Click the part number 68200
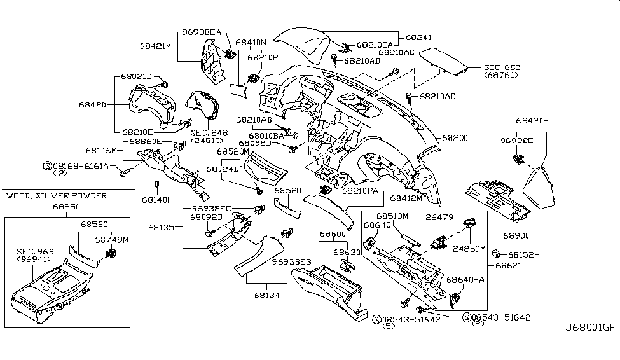click(x=455, y=138)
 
